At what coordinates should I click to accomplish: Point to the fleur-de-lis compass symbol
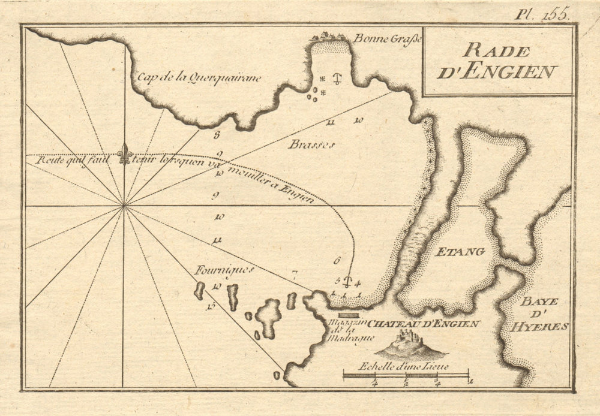124,154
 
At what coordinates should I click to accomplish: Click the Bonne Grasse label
388,39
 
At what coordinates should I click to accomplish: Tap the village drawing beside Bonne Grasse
329,37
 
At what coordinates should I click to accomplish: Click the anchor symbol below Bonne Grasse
337,77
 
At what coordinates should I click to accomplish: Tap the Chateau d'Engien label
424,324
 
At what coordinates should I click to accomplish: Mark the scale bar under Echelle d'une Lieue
406,376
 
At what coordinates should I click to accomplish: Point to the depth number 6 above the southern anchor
337,261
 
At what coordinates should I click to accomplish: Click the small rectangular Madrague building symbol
348,314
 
